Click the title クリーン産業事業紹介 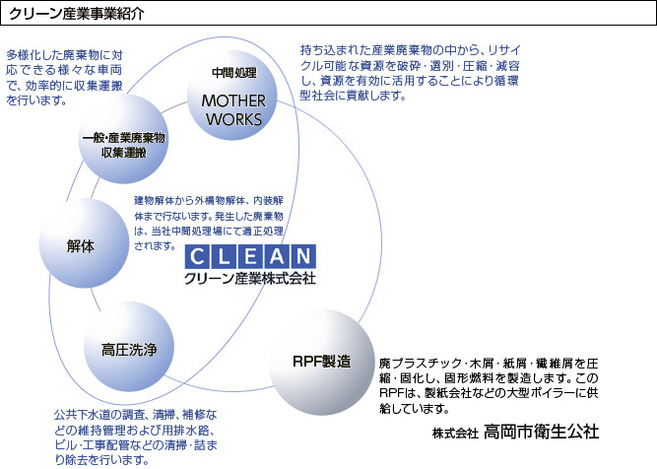click(x=76, y=14)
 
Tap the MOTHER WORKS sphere click(x=232, y=96)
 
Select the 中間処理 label click(x=233, y=73)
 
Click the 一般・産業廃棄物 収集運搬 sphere click(x=123, y=138)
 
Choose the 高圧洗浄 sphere click(x=129, y=347)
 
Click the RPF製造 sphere click(x=322, y=363)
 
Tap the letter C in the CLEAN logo click(x=197, y=256)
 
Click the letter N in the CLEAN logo click(x=303, y=256)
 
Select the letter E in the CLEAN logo click(x=250, y=256)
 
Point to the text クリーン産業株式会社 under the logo click(x=250, y=278)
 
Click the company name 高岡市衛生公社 click(x=541, y=432)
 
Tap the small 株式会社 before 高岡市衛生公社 click(x=455, y=434)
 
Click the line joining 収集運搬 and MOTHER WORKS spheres click(x=174, y=107)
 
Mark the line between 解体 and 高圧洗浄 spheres click(x=96, y=300)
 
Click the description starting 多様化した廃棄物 click(x=64, y=78)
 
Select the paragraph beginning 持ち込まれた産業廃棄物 click(x=410, y=73)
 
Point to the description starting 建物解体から click(x=209, y=223)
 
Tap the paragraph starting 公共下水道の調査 click(x=136, y=437)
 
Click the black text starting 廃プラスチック click(x=489, y=385)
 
